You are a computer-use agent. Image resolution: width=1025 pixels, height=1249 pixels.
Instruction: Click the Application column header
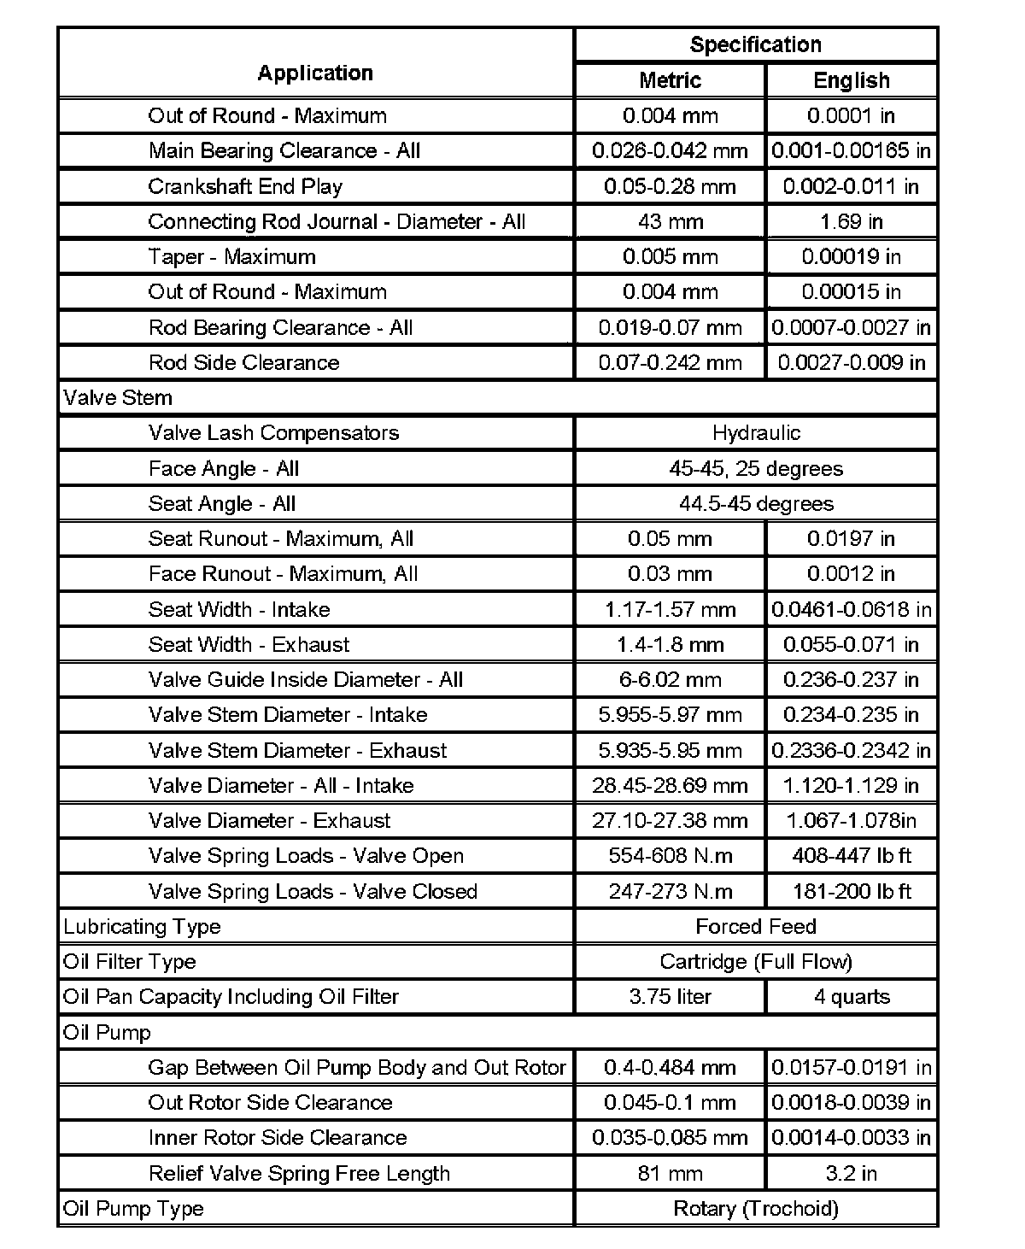point(315,73)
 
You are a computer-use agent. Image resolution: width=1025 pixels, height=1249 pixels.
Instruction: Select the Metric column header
point(670,80)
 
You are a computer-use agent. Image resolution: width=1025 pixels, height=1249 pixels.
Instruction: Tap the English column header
point(852,80)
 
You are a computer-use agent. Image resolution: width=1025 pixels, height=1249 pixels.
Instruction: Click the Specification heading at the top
point(755,44)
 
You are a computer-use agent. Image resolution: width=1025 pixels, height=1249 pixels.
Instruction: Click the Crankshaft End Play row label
point(245,186)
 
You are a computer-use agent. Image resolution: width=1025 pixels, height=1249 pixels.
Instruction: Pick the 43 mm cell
point(670,222)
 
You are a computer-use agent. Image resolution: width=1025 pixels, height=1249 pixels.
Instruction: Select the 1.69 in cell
point(852,222)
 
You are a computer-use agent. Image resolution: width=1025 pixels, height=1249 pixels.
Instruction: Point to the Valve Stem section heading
point(118,398)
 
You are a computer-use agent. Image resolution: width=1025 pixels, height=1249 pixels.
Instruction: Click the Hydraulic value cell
point(756,433)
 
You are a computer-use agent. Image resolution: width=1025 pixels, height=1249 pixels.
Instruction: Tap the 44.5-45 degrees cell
point(756,504)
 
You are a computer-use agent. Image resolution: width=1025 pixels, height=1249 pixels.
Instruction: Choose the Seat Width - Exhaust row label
point(249,645)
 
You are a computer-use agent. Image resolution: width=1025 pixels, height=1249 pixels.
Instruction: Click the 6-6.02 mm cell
point(670,680)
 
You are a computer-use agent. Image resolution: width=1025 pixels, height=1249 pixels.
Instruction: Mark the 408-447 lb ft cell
point(852,856)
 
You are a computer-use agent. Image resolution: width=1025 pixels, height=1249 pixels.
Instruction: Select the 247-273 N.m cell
point(670,892)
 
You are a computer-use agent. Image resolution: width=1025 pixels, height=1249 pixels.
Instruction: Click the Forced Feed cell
point(756,927)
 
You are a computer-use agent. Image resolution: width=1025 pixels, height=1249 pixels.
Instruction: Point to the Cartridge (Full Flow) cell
point(756,962)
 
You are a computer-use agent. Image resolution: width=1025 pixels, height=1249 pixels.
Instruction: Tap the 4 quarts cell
point(852,997)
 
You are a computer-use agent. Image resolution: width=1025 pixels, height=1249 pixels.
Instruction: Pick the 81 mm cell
point(670,1174)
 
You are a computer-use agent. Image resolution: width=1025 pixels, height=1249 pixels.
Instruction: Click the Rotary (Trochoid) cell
point(756,1209)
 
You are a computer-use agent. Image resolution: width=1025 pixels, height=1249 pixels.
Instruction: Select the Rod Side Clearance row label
point(243,363)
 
